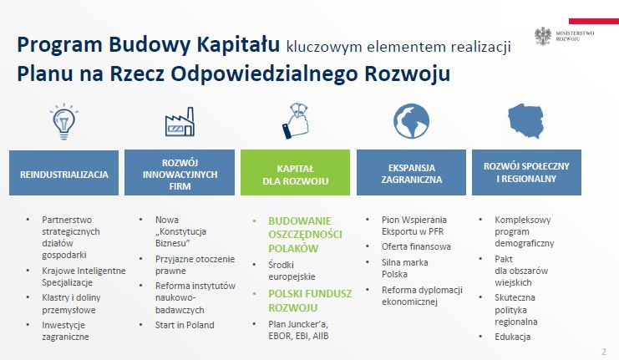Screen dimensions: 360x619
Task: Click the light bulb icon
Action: tap(63, 121)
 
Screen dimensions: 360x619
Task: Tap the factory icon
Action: tap(178, 122)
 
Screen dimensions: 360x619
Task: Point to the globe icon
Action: tap(410, 121)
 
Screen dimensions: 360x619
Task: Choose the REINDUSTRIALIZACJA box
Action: tap(64, 174)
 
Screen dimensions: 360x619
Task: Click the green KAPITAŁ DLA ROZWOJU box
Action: tap(297, 174)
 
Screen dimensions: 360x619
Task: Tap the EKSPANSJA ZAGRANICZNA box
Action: tap(412, 174)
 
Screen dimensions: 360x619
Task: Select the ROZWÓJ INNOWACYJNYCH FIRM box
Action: tap(180, 174)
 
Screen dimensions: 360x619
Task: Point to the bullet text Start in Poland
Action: tap(185, 325)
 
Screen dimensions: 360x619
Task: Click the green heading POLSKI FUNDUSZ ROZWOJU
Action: tap(310, 301)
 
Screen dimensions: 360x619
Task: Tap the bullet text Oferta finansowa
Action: tap(416, 246)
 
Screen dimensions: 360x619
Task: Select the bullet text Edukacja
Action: tap(512, 337)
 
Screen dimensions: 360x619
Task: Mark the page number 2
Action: tap(603, 351)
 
